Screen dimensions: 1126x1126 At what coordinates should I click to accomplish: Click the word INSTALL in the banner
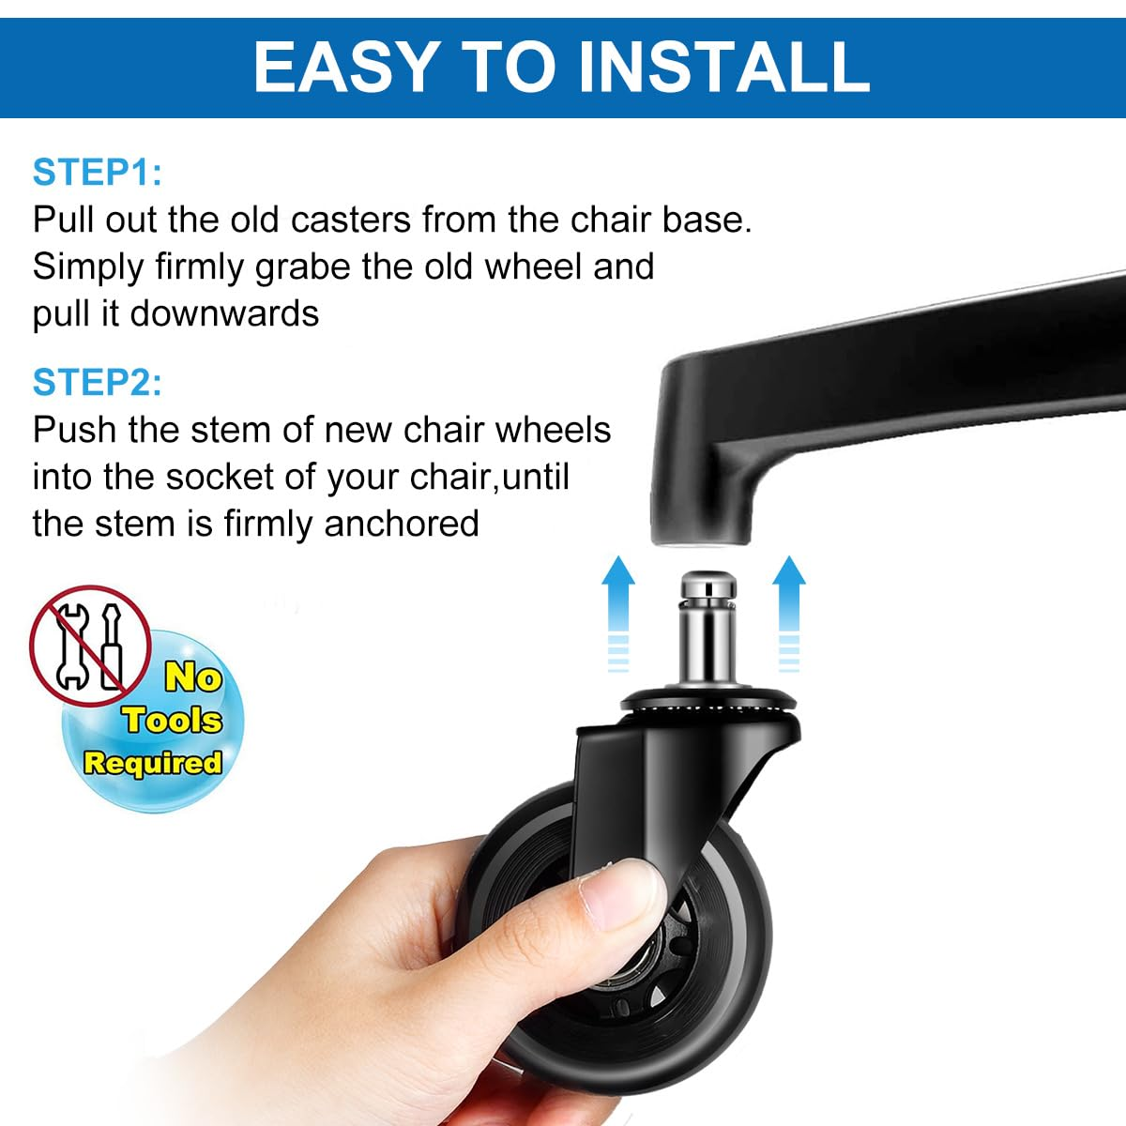tap(723, 66)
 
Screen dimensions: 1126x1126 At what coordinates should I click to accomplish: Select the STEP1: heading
tap(97, 173)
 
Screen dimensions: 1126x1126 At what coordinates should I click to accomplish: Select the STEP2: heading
tap(97, 383)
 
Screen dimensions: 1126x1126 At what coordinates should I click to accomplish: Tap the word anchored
tap(401, 524)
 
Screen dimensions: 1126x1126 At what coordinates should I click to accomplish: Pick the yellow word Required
tap(153, 763)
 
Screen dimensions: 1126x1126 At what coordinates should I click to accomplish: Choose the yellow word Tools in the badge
tap(172, 721)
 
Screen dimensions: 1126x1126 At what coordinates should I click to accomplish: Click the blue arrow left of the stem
tap(617, 610)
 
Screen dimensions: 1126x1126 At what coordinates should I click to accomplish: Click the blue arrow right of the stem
tap(788, 610)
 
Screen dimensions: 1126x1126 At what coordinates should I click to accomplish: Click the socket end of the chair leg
tap(702, 525)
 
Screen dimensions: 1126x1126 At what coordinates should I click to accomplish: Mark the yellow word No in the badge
tap(192, 677)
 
